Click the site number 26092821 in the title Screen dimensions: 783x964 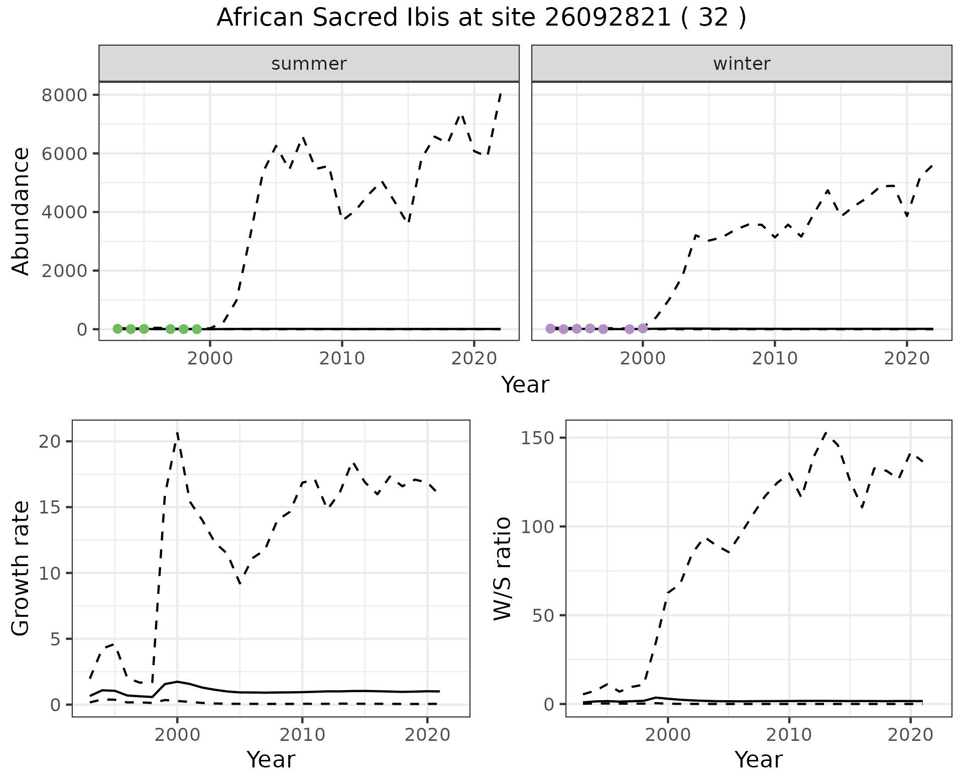(x=608, y=18)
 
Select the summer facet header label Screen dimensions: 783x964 (x=309, y=64)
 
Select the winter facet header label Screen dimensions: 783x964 (x=742, y=64)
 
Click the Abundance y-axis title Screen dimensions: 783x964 (x=21, y=211)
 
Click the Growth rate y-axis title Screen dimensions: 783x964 (x=21, y=568)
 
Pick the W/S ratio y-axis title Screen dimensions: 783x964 (x=502, y=568)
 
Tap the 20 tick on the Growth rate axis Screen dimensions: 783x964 (x=49, y=442)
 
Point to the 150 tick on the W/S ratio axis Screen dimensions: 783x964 (x=537, y=438)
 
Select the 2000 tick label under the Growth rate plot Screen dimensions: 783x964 (x=177, y=735)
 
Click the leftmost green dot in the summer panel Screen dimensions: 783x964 (x=117, y=329)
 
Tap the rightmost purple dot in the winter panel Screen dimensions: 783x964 (x=643, y=328)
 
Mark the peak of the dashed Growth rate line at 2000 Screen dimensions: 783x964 (x=177, y=432)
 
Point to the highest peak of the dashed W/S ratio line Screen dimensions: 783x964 (x=826, y=432)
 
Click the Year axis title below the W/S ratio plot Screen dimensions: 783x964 (x=758, y=760)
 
